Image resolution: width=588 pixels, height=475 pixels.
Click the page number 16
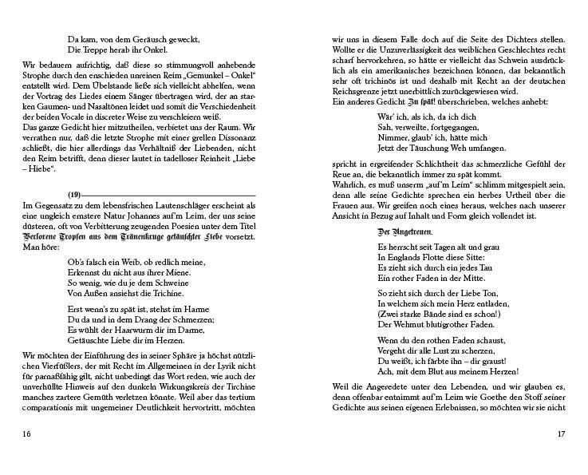[27, 434]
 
